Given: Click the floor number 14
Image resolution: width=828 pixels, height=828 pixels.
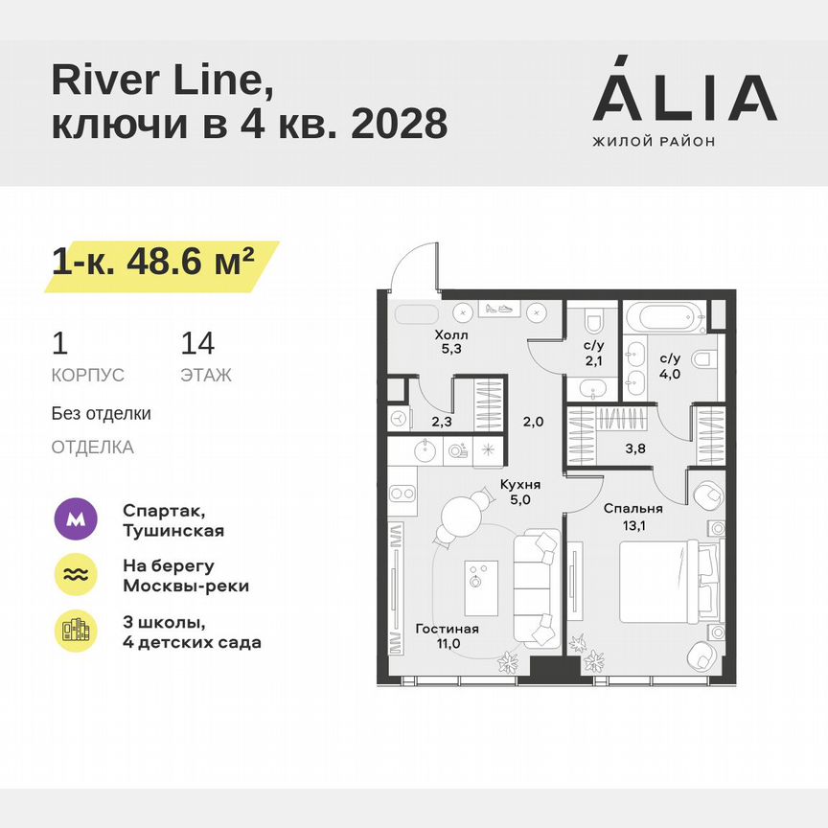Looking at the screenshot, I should [x=197, y=344].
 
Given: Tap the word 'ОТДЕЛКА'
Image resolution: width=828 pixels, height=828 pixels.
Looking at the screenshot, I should [x=92, y=448].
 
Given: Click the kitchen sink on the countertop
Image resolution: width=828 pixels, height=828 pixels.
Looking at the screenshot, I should [x=425, y=448].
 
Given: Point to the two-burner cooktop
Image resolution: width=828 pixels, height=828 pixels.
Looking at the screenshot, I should [x=402, y=494].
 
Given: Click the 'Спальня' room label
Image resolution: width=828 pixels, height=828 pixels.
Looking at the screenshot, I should [x=632, y=509].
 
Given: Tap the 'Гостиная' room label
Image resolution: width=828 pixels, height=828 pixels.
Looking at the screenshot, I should [x=447, y=629].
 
